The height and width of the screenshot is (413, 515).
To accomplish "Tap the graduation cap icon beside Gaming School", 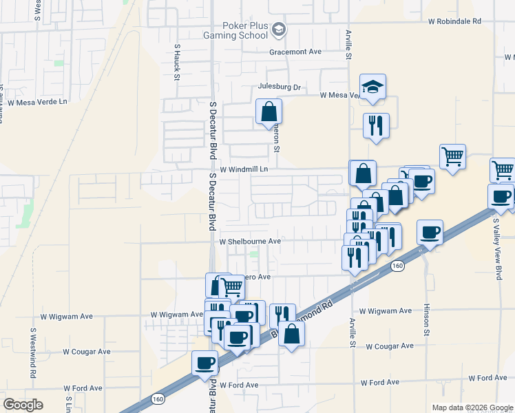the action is point(279,30).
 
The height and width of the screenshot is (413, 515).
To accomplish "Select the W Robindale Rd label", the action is point(464,21).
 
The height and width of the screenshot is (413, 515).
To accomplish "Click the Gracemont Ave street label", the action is point(296,52).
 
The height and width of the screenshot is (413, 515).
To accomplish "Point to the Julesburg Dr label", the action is point(280,87).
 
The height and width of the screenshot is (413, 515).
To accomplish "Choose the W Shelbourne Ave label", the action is point(250,242).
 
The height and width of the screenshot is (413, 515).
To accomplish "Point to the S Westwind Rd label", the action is point(32,353).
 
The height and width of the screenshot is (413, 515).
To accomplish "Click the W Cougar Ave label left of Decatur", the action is point(87,351).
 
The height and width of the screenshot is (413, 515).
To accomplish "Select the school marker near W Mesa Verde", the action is point(372,87).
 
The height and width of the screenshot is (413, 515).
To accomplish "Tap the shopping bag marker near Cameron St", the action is point(269,112).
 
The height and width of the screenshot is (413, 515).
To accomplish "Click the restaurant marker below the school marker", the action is point(376,126).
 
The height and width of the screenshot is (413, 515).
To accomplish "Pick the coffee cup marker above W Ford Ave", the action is point(204,363).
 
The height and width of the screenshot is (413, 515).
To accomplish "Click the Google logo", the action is point(23,405).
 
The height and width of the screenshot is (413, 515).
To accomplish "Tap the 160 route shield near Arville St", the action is point(397,264).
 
